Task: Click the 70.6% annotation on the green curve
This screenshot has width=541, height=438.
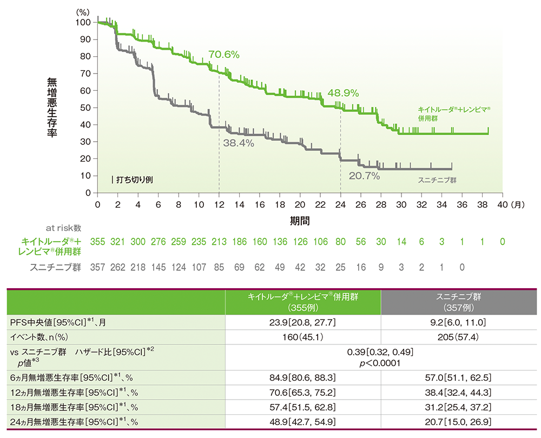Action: pyautogui.click(x=223, y=55)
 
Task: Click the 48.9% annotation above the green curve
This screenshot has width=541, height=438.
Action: pyautogui.click(x=343, y=92)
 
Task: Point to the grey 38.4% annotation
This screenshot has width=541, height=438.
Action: pyautogui.click(x=239, y=143)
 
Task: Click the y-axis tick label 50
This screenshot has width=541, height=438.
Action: pyautogui.click(x=85, y=108)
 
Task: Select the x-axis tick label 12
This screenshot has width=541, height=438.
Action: pyautogui.click(x=219, y=204)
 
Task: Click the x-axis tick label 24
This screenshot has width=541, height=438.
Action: pyautogui.click(x=340, y=204)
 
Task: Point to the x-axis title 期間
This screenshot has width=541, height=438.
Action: pyautogui.click(x=300, y=221)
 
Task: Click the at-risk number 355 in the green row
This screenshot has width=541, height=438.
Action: pyautogui.click(x=97, y=242)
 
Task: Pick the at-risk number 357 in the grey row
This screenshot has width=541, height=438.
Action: pyautogui.click(x=97, y=266)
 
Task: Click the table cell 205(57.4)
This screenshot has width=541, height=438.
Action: pyautogui.click(x=459, y=336)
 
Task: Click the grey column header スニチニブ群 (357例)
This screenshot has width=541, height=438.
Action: pyautogui.click(x=459, y=301)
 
